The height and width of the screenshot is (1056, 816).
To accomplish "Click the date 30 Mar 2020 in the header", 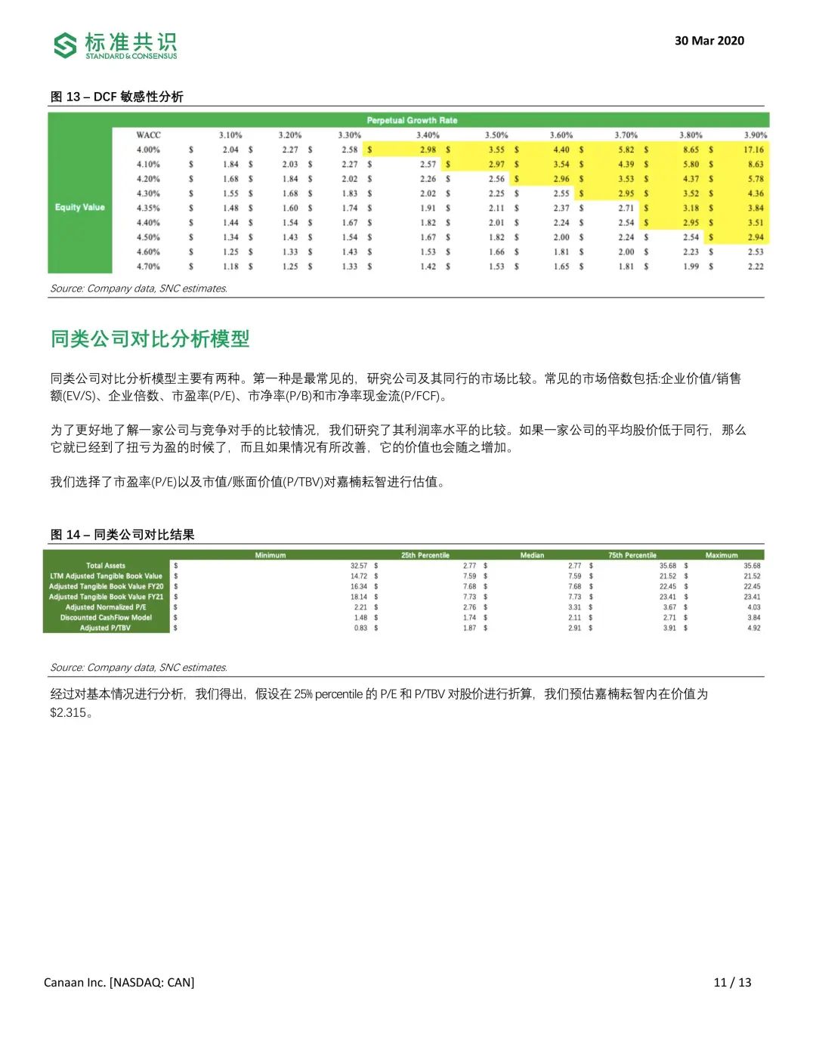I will [x=709, y=41].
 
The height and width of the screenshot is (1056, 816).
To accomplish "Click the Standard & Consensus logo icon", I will [x=66, y=45].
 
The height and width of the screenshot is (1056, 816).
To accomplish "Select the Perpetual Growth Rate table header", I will [x=412, y=120].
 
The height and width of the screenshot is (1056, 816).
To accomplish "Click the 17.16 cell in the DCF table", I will [x=753, y=150].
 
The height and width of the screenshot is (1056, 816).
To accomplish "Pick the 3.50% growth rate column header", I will [x=496, y=135].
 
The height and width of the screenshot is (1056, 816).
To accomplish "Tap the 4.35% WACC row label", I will [x=148, y=208].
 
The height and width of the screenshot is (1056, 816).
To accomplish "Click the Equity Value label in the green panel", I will [x=79, y=207].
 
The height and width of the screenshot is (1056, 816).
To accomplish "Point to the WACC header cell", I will [x=148, y=135].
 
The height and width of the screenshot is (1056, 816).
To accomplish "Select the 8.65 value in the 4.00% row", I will [x=691, y=150].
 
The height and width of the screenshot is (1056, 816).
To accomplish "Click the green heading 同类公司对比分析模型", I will [x=150, y=339].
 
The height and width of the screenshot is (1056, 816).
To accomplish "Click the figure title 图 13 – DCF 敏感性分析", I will [x=116, y=97].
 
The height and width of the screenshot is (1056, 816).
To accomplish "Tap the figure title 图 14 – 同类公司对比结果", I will [x=122, y=535].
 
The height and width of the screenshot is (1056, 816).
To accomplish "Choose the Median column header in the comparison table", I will [x=532, y=555].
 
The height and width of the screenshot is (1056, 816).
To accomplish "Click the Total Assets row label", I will [x=106, y=566].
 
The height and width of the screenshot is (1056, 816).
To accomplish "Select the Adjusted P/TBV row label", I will [x=105, y=628].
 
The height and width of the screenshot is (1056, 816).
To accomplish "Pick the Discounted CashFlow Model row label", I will [x=106, y=617].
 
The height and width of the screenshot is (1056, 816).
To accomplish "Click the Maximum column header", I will [x=722, y=555].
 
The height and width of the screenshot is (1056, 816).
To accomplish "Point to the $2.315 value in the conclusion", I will [x=68, y=712].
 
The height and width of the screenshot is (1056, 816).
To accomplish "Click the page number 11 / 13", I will [x=732, y=982].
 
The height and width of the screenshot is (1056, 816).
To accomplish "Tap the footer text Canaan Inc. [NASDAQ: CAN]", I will [x=119, y=982].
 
